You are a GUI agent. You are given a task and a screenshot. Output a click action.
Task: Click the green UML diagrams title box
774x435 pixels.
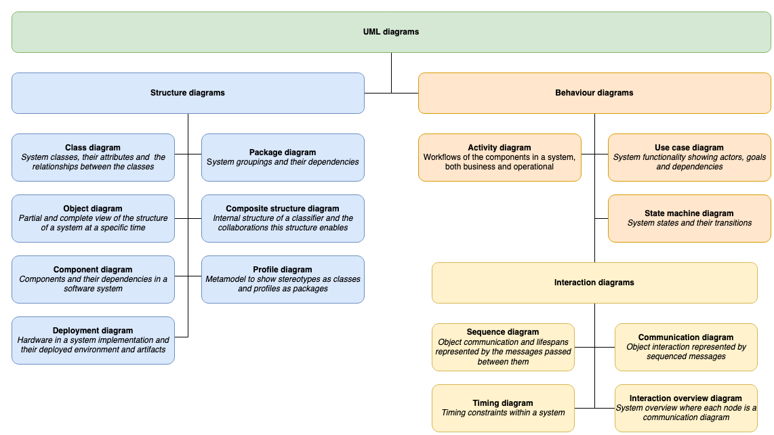[391, 32]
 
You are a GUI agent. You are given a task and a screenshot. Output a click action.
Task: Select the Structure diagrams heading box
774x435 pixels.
[188, 93]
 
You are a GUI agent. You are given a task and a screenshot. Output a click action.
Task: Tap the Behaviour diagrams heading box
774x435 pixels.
[594, 93]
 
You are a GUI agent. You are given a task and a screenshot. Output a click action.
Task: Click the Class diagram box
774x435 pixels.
[93, 157]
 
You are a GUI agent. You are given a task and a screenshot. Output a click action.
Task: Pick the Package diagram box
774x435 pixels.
[283, 157]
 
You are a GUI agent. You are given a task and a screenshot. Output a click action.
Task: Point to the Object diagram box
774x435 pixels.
[93, 218]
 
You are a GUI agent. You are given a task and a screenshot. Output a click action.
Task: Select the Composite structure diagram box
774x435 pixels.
[283, 218]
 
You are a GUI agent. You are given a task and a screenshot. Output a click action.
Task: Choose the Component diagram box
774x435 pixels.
[93, 279]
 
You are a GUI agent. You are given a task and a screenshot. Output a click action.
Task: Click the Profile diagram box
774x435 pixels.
[283, 279]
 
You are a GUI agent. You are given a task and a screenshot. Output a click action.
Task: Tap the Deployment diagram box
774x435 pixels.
[93, 340]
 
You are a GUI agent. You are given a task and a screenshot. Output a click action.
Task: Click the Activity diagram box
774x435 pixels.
[500, 157]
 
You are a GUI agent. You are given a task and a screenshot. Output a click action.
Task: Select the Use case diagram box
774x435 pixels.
[689, 157]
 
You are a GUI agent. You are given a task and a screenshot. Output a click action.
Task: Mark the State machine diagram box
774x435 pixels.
[689, 218]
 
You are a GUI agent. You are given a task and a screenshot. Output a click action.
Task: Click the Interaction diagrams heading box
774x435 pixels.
[594, 283]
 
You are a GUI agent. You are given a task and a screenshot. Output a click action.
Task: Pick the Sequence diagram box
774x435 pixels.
[503, 347]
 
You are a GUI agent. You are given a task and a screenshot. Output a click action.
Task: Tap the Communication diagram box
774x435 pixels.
[686, 347]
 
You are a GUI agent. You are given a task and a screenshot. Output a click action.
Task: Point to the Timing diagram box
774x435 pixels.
[503, 408]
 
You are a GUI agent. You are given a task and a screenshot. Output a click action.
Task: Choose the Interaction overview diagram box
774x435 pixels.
[686, 408]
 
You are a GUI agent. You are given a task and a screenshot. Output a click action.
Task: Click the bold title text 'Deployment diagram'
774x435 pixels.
[93, 331]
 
